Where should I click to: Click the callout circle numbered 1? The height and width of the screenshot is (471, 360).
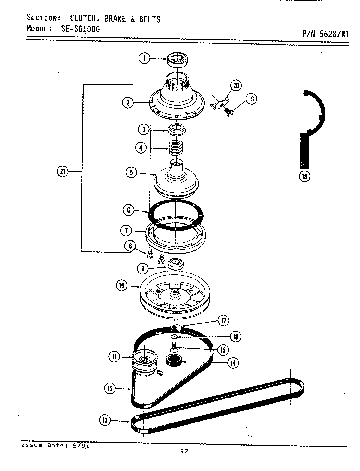144,58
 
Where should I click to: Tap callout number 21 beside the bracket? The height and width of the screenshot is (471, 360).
62,171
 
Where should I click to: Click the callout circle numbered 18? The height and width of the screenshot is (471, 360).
304,176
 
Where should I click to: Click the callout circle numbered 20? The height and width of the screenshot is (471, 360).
236,85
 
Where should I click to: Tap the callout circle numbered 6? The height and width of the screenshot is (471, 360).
129,210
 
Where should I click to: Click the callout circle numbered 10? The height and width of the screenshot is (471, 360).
122,286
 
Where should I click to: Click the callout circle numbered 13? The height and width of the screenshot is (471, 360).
105,420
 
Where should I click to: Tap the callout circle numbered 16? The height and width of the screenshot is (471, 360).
235,337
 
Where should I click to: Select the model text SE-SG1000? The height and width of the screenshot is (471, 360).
77,29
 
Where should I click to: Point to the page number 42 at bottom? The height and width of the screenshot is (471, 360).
184,459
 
